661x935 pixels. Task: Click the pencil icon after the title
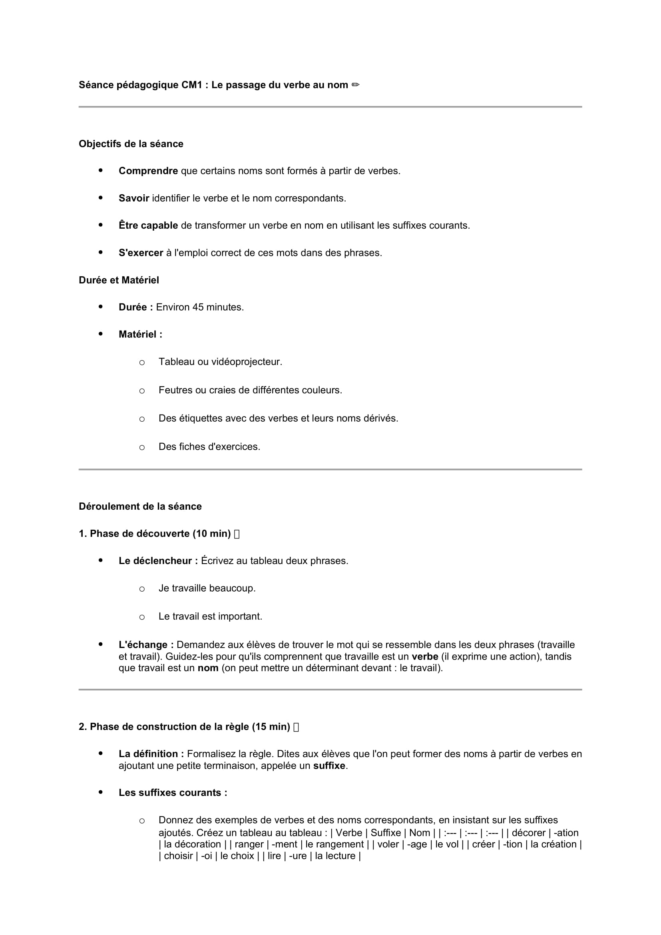pos(355,85)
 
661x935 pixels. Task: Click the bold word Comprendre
pos(148,171)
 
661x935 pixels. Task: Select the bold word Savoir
pos(134,198)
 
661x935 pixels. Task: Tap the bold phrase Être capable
pos(148,225)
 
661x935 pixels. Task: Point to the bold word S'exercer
pos(141,253)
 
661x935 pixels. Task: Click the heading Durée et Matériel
pos(119,280)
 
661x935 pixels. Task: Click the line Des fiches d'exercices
pos(209,447)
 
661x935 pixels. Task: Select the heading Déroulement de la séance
pos(140,506)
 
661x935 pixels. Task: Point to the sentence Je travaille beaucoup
pos(207,588)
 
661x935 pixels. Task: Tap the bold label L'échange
pos(146,645)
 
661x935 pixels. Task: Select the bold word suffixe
pos(329,766)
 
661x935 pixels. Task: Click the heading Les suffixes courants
pos(173,792)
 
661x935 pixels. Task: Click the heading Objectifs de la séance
pos(131,144)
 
